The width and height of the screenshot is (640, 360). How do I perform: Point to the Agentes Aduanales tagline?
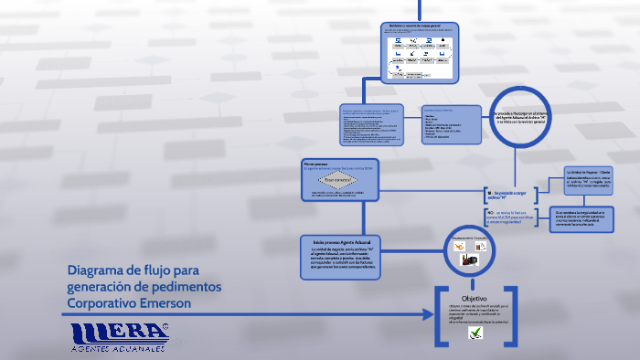(x=118, y=349)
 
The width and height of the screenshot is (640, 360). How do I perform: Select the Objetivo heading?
(x=475, y=299)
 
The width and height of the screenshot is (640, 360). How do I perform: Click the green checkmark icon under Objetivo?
(x=475, y=334)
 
